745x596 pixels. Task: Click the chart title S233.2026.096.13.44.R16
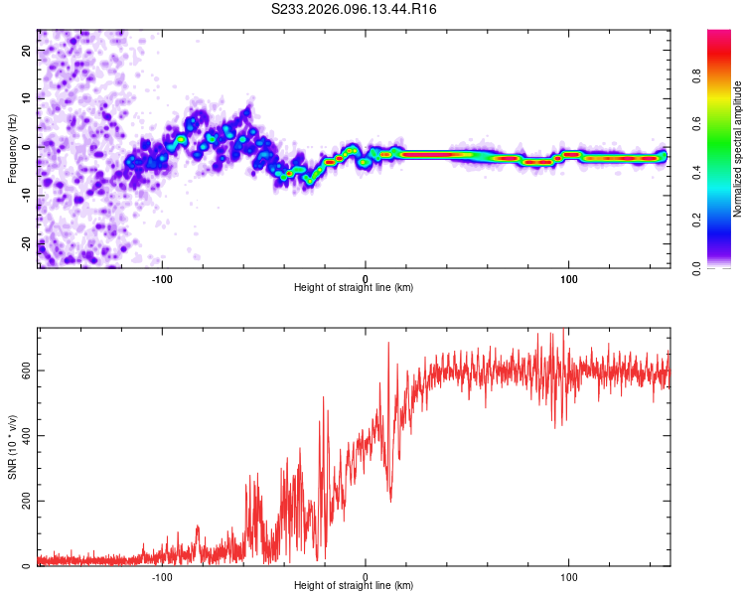(355, 9)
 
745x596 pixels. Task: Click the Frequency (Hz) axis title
(12, 149)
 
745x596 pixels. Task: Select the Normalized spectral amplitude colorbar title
(738, 149)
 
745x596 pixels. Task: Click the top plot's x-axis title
(354, 287)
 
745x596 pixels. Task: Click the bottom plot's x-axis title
(354, 585)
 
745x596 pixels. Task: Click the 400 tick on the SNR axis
(24, 436)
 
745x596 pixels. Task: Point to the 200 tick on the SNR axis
(24, 502)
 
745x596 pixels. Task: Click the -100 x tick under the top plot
(162, 277)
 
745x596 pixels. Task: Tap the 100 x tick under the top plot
(569, 277)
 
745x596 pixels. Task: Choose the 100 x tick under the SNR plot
(569, 575)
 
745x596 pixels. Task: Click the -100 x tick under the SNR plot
(162, 575)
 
